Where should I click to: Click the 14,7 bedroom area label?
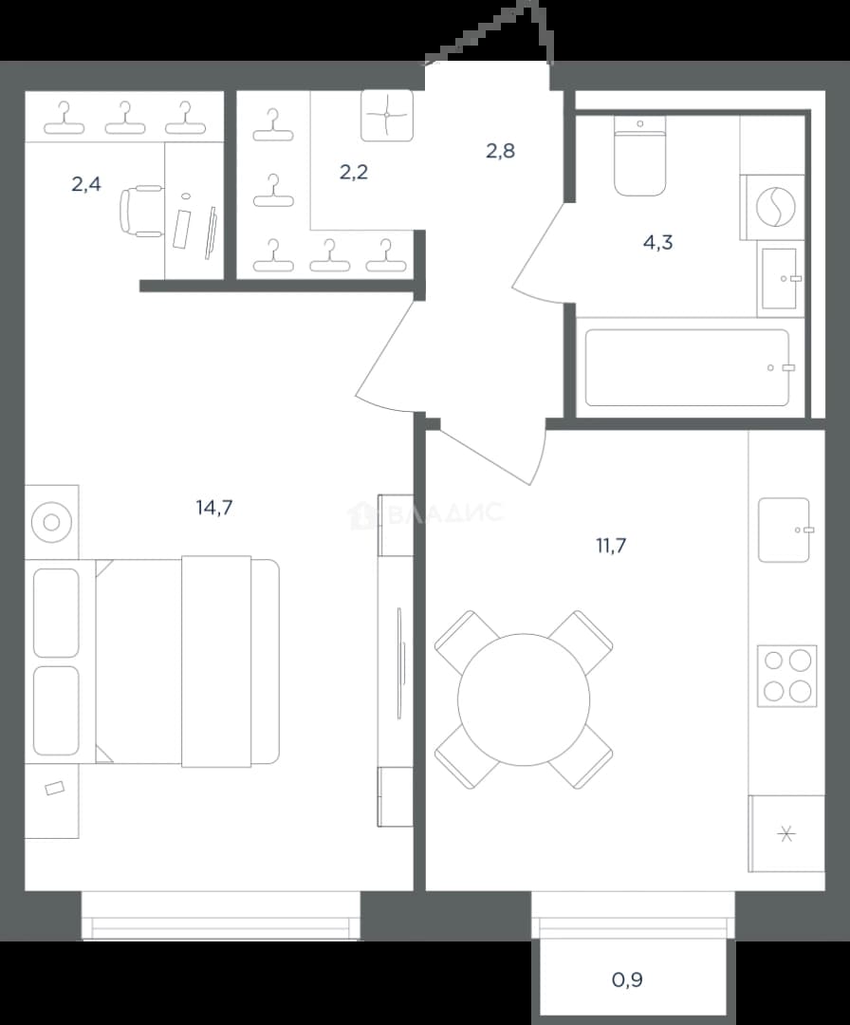click(214, 507)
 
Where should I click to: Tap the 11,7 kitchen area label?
click(611, 545)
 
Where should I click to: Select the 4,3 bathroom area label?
click(658, 243)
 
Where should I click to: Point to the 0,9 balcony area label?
click(627, 979)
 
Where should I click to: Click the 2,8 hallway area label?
click(501, 151)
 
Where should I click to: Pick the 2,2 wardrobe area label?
click(354, 172)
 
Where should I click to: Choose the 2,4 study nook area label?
click(86, 184)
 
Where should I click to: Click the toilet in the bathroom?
click(640, 157)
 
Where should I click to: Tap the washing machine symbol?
click(775, 207)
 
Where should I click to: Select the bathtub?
click(688, 367)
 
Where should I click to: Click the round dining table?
click(524, 699)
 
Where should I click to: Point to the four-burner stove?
click(787, 676)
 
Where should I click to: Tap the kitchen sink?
click(784, 530)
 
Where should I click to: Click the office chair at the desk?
click(140, 210)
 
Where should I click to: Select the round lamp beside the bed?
click(51, 522)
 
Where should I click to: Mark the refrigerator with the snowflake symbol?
click(786, 833)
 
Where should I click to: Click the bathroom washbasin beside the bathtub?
click(780, 278)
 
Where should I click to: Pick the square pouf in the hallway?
click(387, 115)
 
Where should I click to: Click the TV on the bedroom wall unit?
click(400, 663)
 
